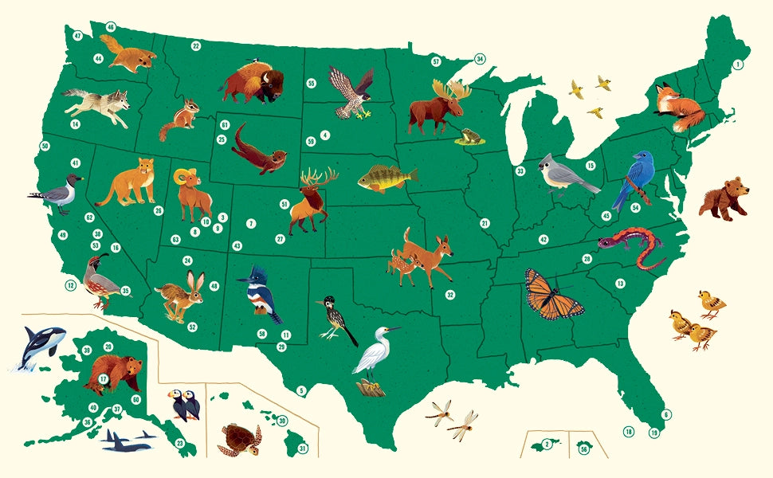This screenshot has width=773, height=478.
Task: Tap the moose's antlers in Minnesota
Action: click(452, 89)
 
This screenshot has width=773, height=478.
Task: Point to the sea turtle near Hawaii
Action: click(237, 439)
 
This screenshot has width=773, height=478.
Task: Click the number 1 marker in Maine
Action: click(738, 64)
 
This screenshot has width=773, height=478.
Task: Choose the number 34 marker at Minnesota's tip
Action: click(480, 59)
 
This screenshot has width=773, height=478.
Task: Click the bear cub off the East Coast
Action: click(724, 201)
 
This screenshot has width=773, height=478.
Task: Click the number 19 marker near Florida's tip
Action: click(654, 433)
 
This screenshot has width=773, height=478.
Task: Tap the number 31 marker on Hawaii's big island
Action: click(303, 449)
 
